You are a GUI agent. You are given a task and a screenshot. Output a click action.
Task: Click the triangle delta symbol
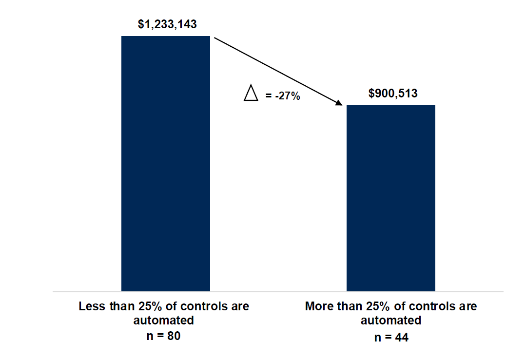coord(251,93)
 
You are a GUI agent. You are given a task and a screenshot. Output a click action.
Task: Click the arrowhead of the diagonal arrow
coord(338,103)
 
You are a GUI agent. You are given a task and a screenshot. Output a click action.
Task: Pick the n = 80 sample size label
coord(164,337)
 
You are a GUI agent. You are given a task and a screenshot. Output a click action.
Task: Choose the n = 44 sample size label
coord(391,337)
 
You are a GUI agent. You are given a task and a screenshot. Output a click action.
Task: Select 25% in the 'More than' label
coord(373,307)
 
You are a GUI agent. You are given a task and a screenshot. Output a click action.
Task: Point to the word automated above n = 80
coord(164,321)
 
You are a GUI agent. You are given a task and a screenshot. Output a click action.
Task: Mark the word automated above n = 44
coord(391,321)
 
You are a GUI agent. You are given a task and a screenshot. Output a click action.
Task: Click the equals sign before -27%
coord(268,96)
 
